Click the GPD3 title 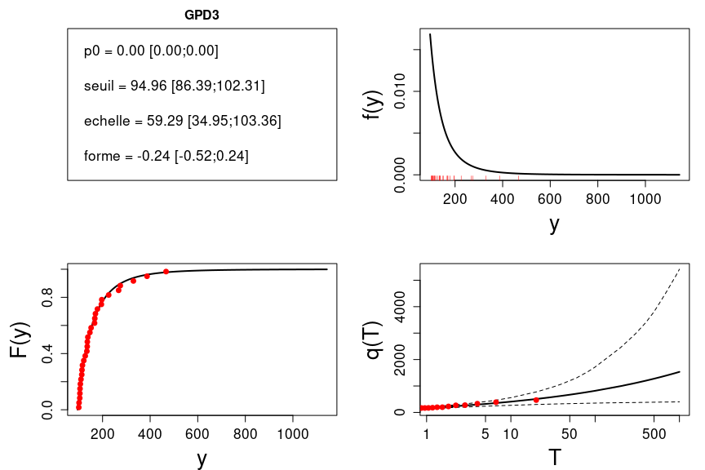[202, 15]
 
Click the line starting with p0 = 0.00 [151, 51]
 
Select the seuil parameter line [174, 86]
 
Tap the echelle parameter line [182, 121]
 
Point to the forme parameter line [166, 156]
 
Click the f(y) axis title [374, 104]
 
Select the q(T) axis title [374, 339]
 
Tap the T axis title [554, 458]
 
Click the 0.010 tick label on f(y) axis [400, 91]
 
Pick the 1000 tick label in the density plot [645, 199]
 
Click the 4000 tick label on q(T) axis [400, 307]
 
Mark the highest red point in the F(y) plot [166, 272]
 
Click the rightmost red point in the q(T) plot [536, 400]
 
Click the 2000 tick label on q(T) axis [400, 360]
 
